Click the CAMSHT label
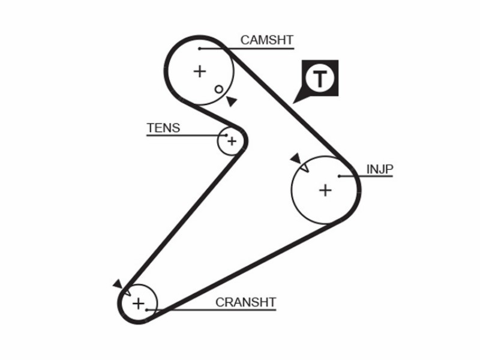click(x=267, y=40)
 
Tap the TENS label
click(x=163, y=128)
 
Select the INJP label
click(x=380, y=169)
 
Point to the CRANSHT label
click(x=246, y=302)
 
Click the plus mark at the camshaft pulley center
click(x=200, y=71)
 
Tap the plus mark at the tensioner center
click(x=232, y=142)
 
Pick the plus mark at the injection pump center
click(x=325, y=190)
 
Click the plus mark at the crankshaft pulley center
click(x=139, y=304)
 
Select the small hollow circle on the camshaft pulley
click(x=219, y=89)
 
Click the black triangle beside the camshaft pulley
click(x=232, y=101)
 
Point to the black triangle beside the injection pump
click(x=296, y=158)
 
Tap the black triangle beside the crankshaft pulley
click(x=118, y=284)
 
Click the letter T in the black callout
click(x=320, y=79)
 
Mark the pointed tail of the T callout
click(x=294, y=103)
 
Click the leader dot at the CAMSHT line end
click(x=200, y=49)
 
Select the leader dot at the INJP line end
click(x=340, y=176)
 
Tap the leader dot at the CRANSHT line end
click(x=147, y=310)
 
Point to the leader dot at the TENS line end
click(x=227, y=135)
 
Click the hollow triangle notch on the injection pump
click(x=305, y=168)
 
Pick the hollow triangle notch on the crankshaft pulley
click(x=128, y=292)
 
